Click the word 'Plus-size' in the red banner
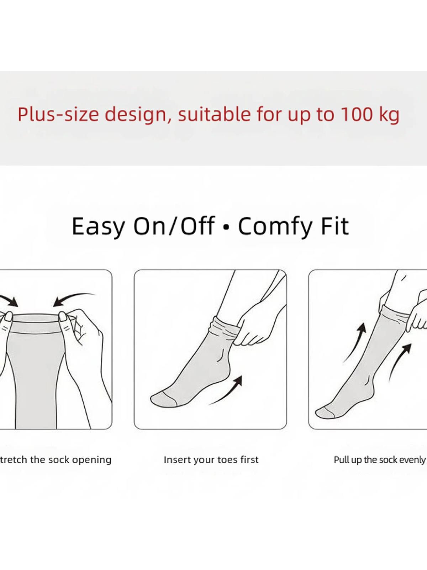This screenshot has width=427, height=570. coord(58,114)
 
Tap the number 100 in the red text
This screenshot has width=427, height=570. coord(356,114)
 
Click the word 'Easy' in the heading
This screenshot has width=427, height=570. coord(98,227)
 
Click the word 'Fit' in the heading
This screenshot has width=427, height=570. coord(335,226)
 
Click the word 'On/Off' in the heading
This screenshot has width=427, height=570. coord(174,226)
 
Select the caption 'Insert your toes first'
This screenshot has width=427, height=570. coord(211,460)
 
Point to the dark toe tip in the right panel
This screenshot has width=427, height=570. coord(326,413)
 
